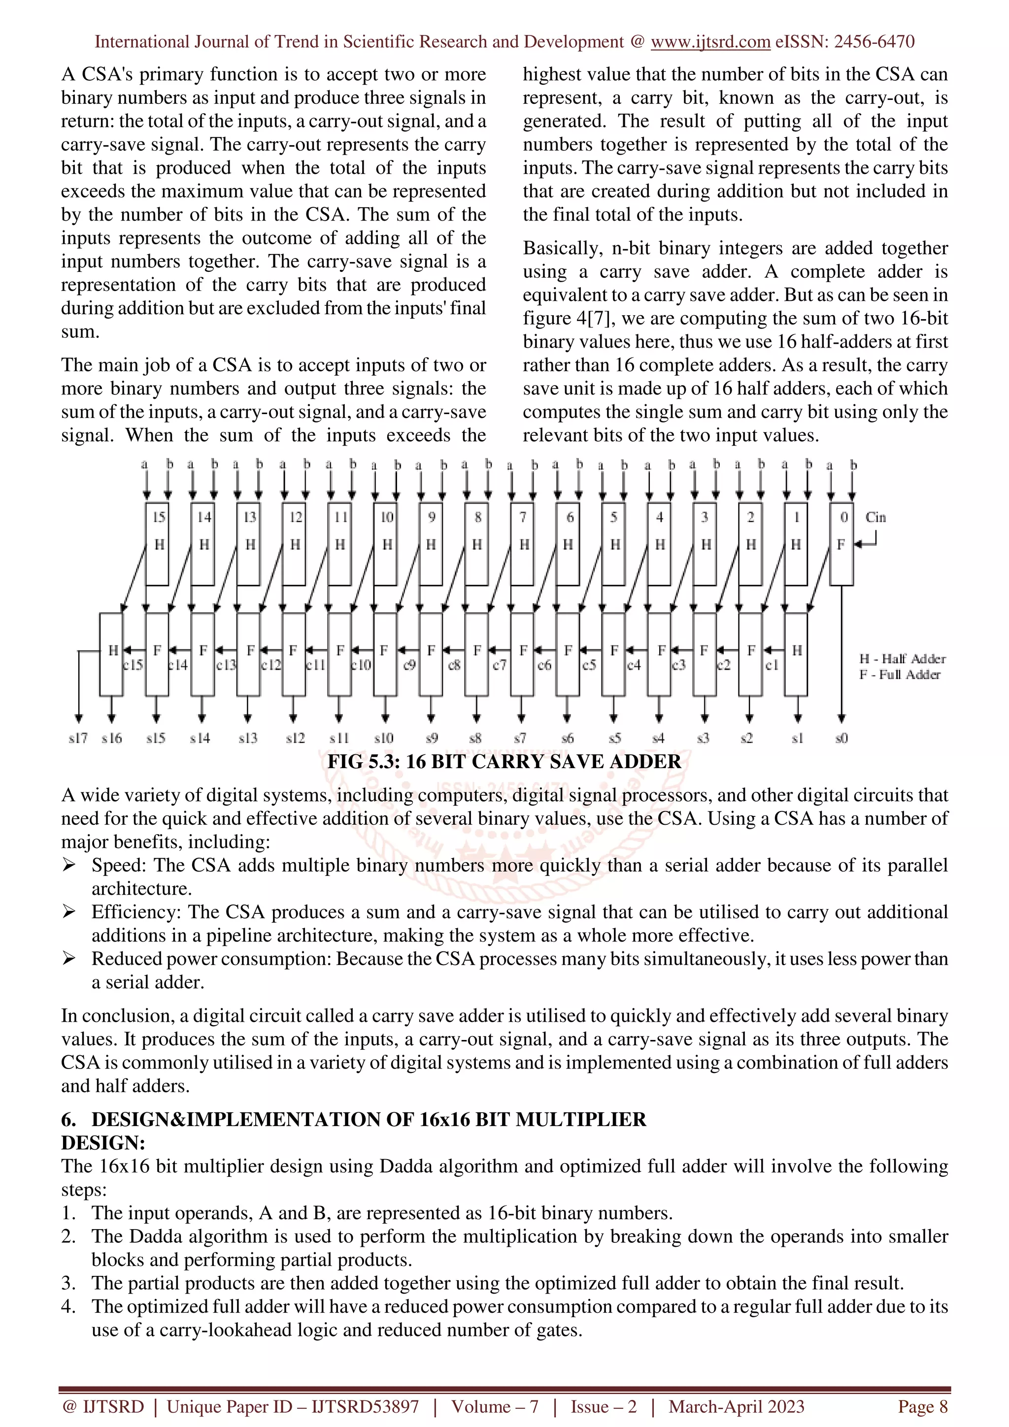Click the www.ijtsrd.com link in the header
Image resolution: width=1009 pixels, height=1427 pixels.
[710, 42]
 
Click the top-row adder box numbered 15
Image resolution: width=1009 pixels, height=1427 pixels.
[158, 543]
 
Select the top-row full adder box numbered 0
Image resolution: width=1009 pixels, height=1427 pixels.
[841, 543]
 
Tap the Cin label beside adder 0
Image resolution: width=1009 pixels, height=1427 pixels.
[875, 517]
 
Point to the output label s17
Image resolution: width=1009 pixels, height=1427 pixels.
[78, 738]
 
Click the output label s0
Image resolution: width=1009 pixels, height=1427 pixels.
[841, 738]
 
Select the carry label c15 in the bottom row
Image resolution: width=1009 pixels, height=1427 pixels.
[133, 665]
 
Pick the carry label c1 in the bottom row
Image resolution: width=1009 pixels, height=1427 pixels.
[772, 665]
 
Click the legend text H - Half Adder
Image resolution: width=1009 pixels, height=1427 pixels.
[902, 659]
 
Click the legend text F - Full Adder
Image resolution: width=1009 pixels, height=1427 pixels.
[900, 674]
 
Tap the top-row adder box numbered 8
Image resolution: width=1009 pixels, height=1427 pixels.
[477, 543]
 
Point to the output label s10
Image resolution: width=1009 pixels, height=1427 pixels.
[384, 738]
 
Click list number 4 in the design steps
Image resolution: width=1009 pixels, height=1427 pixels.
[68, 1306]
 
